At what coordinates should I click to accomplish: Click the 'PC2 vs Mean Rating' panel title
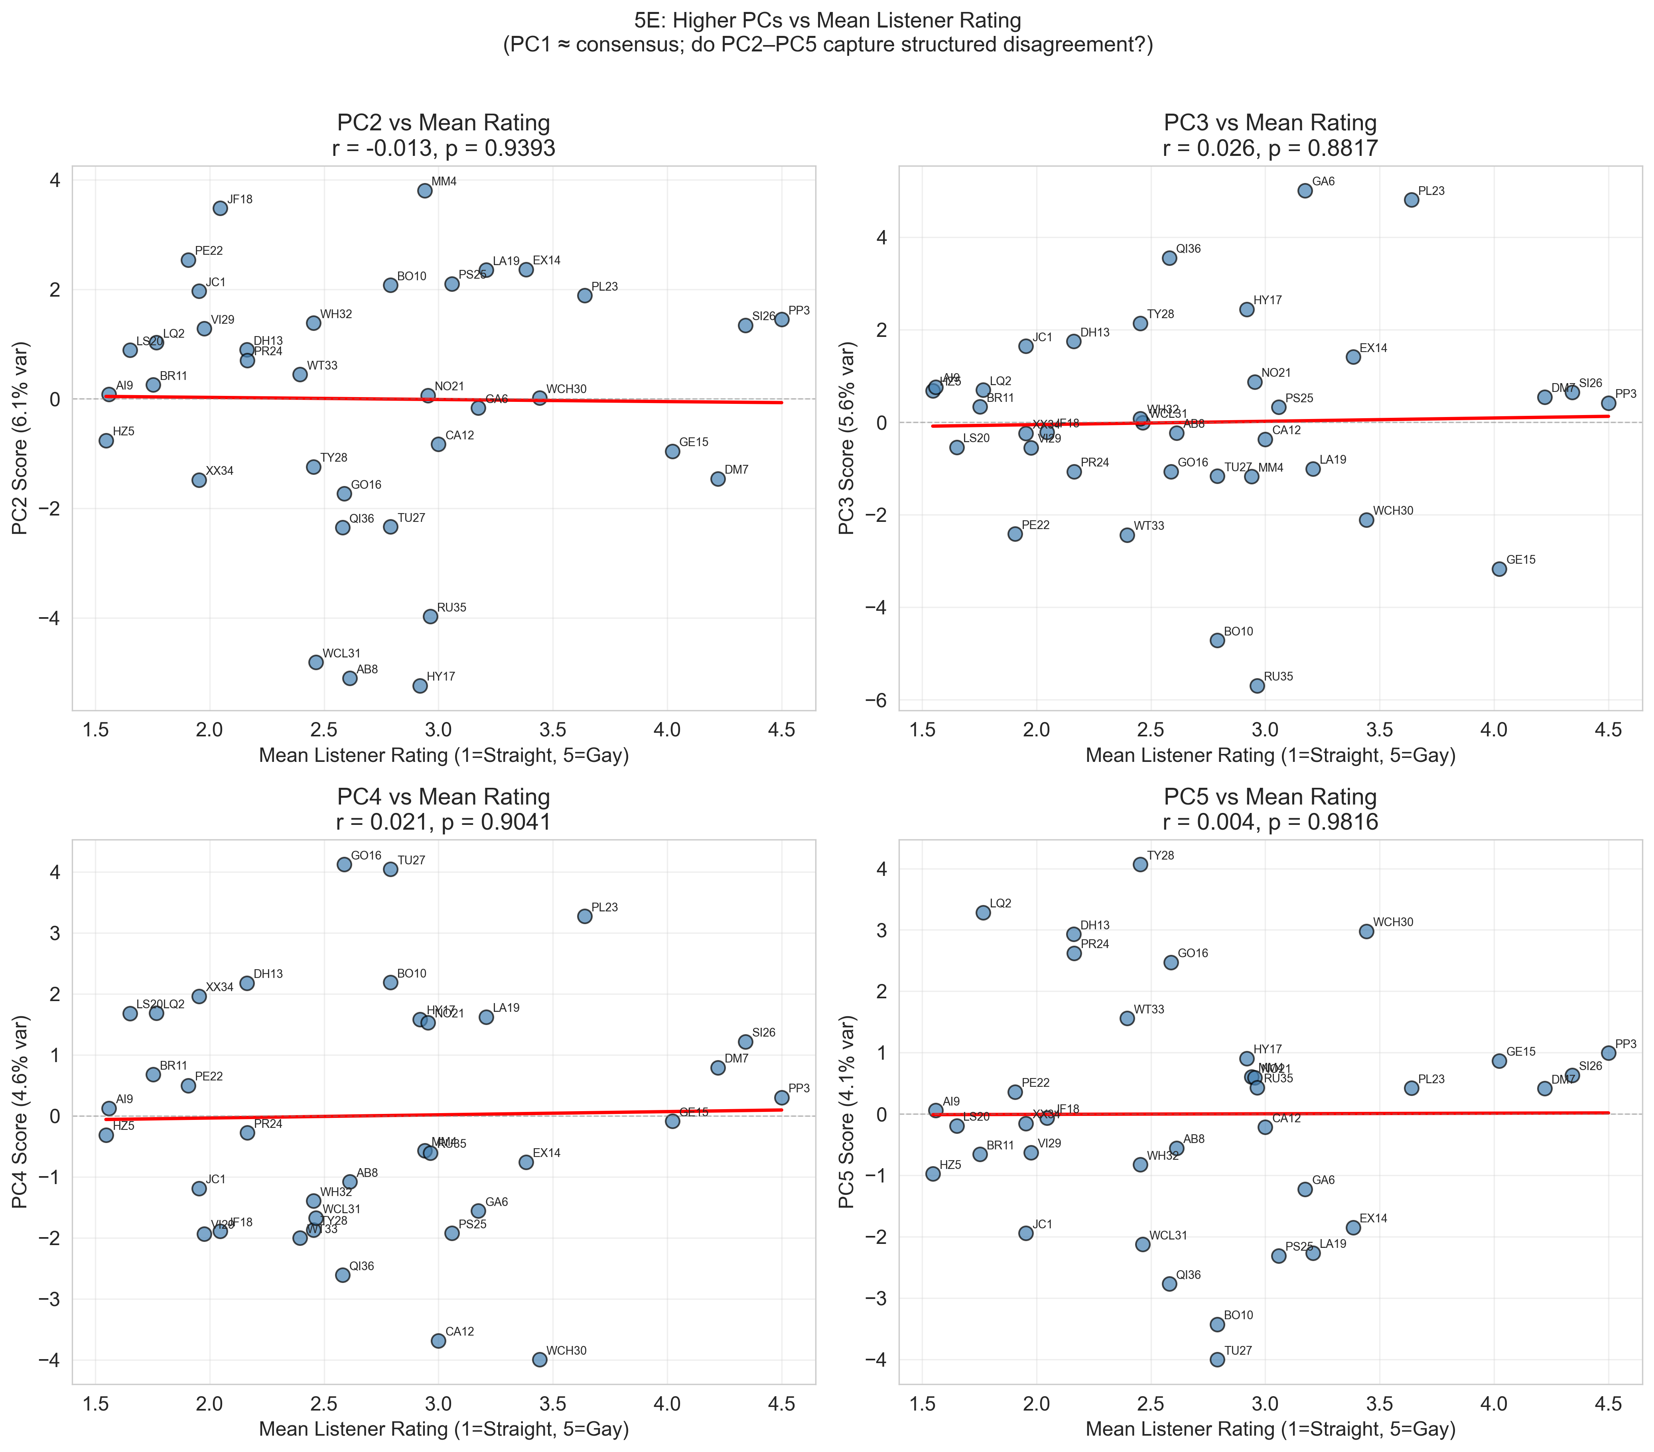444,123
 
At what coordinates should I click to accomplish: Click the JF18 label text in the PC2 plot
241,199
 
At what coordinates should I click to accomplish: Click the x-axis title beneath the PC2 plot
444,756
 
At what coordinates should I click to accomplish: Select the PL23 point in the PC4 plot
584,917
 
